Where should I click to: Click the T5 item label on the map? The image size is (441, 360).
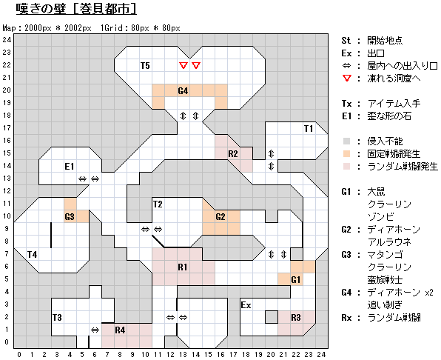[145, 66]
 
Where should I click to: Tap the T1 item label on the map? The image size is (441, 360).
[309, 129]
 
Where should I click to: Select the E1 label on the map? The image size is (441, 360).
[70, 167]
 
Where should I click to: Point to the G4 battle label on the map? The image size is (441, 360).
[183, 91]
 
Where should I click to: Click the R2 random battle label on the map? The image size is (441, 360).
[233, 153]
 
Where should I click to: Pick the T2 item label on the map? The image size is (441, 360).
[158, 204]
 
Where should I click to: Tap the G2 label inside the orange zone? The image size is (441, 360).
[220, 217]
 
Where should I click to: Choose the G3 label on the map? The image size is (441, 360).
[70, 217]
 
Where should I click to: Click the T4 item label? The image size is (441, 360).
[32, 255]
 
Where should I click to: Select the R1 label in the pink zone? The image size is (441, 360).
[183, 267]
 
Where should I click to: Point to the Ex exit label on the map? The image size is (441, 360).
[246, 305]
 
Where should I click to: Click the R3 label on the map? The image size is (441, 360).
[296, 318]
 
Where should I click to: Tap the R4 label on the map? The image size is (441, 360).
[120, 330]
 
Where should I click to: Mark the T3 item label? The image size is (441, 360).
[57, 318]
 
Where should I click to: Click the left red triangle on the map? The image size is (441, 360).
[184, 66]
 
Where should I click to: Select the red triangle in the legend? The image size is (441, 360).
[347, 79]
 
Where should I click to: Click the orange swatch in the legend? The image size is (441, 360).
[347, 153]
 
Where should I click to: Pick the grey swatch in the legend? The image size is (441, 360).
[347, 141]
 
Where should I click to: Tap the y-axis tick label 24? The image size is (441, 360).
[7, 40]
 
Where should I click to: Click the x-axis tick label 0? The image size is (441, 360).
[19, 355]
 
